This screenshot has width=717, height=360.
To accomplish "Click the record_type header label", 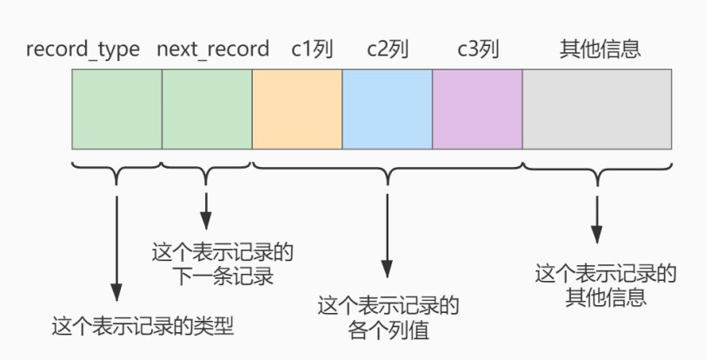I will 83,49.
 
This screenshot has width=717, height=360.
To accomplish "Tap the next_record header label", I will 213,49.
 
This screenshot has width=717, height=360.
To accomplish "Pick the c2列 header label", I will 388,49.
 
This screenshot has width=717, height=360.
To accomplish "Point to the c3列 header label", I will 478,49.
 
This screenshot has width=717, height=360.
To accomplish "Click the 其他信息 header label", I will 600,49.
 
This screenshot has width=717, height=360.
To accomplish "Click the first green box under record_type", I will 117,109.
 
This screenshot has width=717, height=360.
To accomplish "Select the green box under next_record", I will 207,109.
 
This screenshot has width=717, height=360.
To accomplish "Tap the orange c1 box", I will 297,109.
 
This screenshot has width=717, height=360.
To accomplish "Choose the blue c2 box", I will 388,109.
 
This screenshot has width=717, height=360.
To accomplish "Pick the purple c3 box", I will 477,109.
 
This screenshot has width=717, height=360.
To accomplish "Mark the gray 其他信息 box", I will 597,109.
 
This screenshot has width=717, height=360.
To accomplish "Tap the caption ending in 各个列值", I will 388,318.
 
